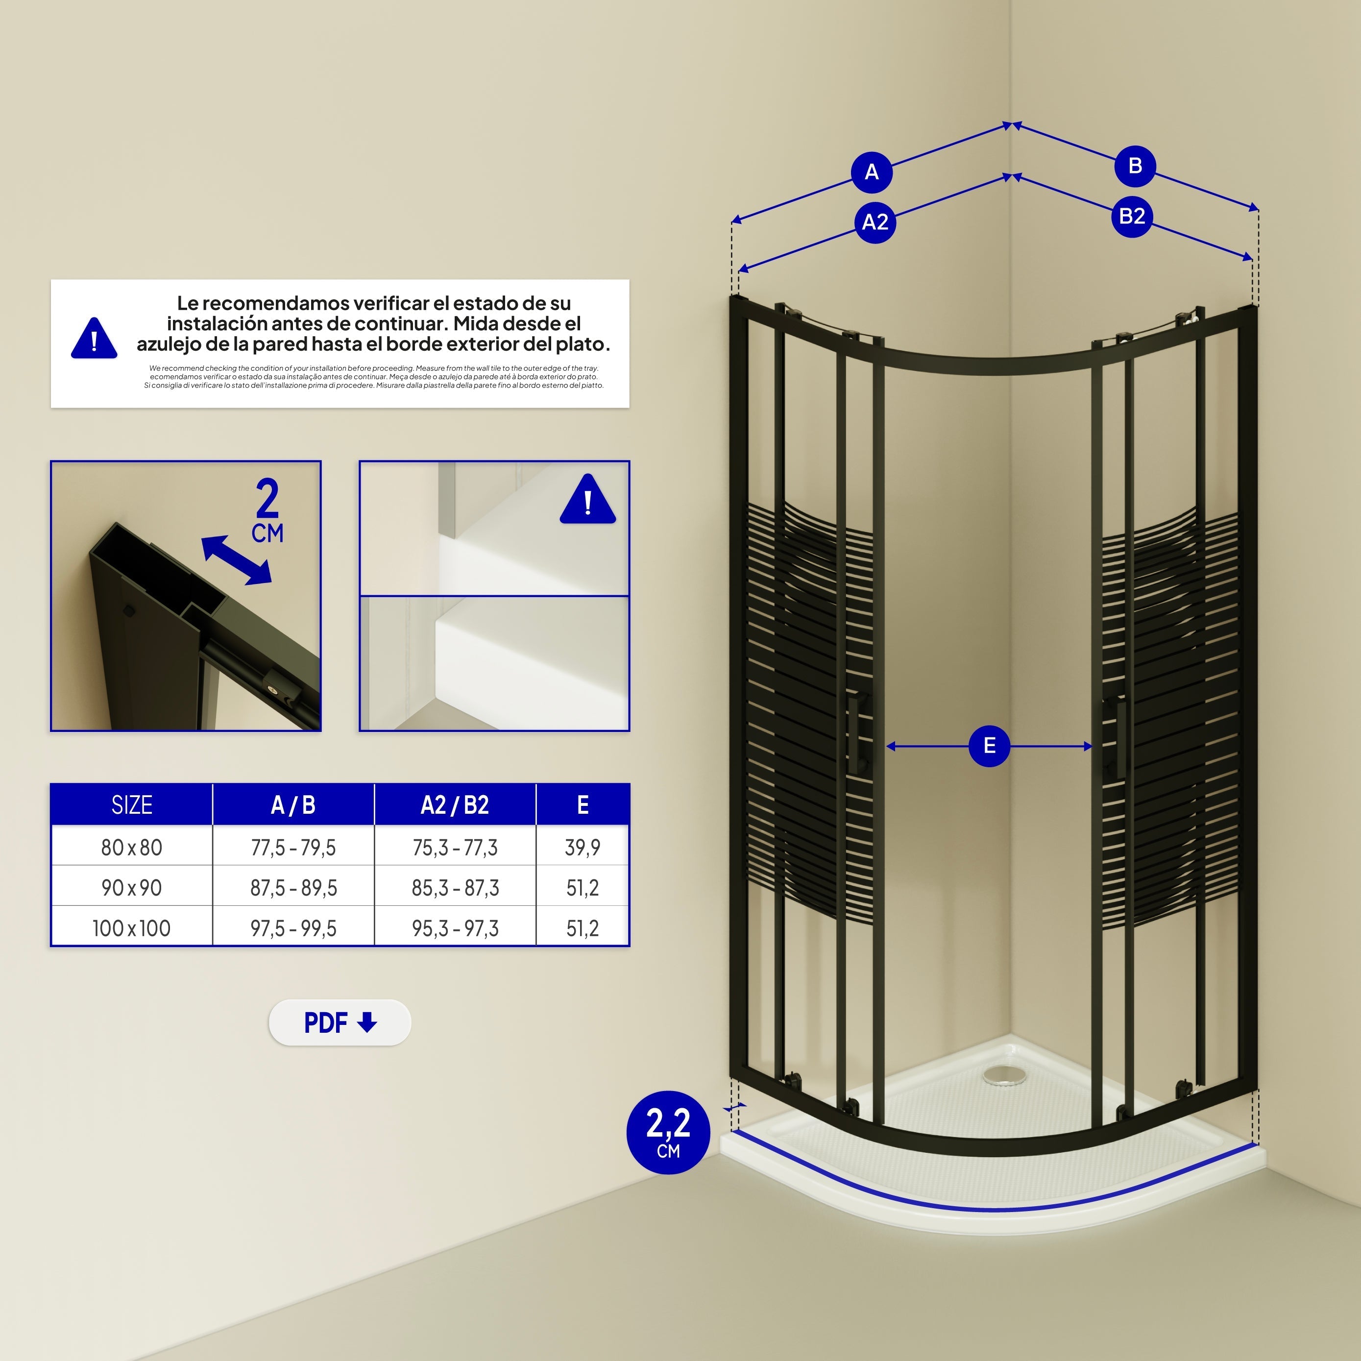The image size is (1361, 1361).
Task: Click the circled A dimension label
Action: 872,172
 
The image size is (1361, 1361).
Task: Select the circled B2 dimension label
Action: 1131,216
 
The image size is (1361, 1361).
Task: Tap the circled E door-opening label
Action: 989,746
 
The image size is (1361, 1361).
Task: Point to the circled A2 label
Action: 875,222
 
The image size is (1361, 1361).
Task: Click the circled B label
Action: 1135,166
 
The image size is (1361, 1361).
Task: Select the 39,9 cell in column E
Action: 583,848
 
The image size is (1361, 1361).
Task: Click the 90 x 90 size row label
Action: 132,888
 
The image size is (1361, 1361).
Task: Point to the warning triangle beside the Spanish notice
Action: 94,339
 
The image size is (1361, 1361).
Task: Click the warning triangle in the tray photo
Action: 587,500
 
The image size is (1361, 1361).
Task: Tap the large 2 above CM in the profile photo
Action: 267,499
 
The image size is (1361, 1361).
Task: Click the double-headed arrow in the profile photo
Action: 236,560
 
